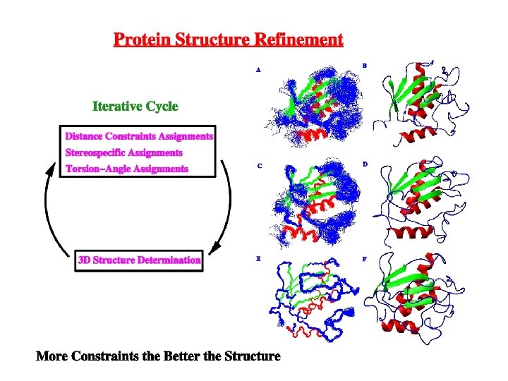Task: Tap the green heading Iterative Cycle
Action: pos(135,107)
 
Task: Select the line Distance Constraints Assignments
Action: pos(139,135)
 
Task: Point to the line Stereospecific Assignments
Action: pos(123,152)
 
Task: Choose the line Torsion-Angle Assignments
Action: pos(126,169)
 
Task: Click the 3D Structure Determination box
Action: pos(139,260)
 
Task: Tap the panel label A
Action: pos(258,71)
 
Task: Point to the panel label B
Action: pos(364,65)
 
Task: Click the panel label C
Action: pos(259,167)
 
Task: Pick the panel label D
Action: pos(365,164)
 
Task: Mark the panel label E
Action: pos(258,259)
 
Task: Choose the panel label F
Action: pos(365,258)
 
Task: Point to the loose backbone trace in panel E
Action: pos(310,300)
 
